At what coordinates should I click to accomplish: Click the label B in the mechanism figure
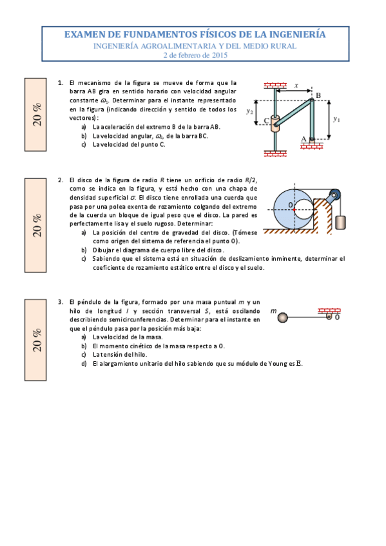318,95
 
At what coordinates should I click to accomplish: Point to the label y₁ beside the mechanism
337,119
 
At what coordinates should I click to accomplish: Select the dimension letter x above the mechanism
296,85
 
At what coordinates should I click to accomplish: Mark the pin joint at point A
311,138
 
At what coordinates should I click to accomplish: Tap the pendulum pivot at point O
329,316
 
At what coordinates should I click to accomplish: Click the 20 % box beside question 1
37,113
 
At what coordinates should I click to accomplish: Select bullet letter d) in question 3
84,364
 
